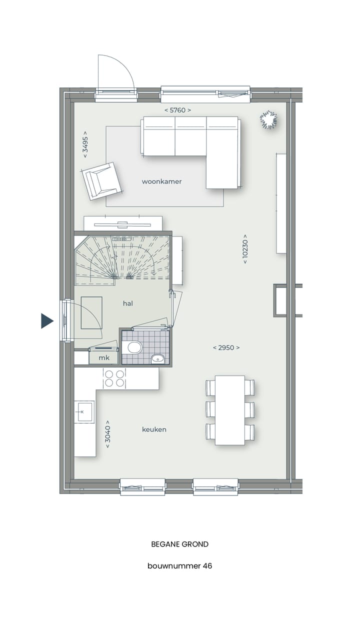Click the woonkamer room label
tap(161, 181)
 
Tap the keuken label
tap(154, 429)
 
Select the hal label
tap(128, 303)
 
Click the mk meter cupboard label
tap(104, 358)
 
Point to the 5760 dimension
tap(177, 110)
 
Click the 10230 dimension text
tap(245, 248)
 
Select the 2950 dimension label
tap(226, 347)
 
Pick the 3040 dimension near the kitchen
tap(107, 432)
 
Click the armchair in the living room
tap(102, 180)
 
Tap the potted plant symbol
tap(268, 120)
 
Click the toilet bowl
tap(134, 347)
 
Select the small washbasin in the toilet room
tap(157, 358)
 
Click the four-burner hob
tap(114, 378)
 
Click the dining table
tap(230, 410)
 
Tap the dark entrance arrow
tap(46, 320)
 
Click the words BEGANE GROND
tap(180, 544)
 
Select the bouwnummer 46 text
tap(180, 566)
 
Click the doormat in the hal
tap(91, 312)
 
